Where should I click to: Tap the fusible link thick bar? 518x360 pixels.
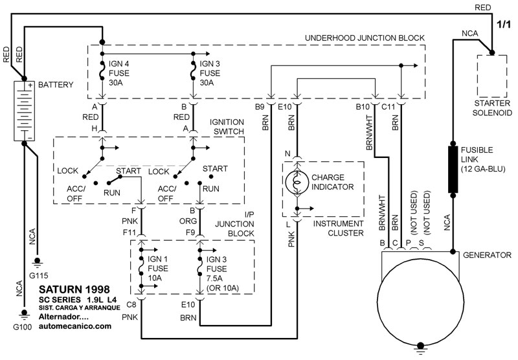[x=453, y=169]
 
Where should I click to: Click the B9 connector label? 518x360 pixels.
[x=259, y=106]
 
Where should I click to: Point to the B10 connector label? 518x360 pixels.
[x=363, y=106]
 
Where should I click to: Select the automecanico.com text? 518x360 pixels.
[x=74, y=327]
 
